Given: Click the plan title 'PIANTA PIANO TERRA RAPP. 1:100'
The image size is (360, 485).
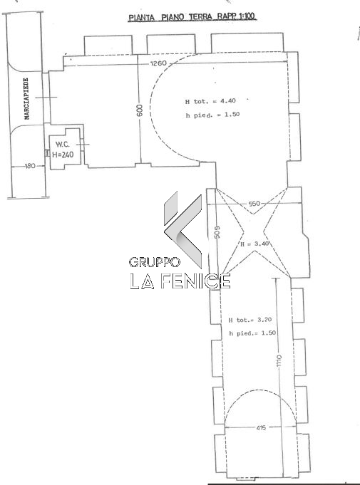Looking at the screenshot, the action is click(x=192, y=16).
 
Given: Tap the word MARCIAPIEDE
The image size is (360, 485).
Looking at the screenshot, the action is click(x=26, y=99).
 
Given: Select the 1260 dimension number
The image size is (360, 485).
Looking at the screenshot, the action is click(x=158, y=63).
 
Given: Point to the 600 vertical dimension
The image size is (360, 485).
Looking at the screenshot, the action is click(x=140, y=110).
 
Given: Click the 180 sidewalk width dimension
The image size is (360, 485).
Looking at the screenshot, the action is click(x=30, y=166).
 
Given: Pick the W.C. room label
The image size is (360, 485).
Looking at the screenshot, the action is click(x=63, y=144).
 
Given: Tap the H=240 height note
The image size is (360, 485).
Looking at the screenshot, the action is click(x=63, y=155).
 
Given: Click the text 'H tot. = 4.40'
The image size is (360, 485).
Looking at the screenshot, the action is click(x=210, y=101).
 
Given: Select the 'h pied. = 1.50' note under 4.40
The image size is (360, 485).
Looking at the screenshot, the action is click(x=212, y=115).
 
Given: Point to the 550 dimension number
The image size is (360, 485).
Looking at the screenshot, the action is click(x=254, y=204).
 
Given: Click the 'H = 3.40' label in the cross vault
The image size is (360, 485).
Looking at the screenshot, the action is click(x=254, y=244).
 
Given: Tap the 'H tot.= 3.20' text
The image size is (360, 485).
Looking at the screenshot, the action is click(x=250, y=320).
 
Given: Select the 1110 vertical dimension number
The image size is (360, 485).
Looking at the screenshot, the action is click(x=279, y=360).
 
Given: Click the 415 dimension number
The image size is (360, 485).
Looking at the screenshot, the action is click(x=261, y=428).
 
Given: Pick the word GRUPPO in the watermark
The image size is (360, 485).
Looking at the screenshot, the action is click(x=155, y=262).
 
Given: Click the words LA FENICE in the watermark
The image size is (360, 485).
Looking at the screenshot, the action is click(x=180, y=281).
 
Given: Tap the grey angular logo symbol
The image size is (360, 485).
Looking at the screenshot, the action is click(x=183, y=229).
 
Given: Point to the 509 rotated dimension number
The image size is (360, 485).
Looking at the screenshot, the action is click(x=217, y=231).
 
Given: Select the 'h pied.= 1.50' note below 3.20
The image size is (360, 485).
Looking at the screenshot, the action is click(x=252, y=333).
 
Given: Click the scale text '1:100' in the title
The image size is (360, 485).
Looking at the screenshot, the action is click(x=247, y=16).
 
